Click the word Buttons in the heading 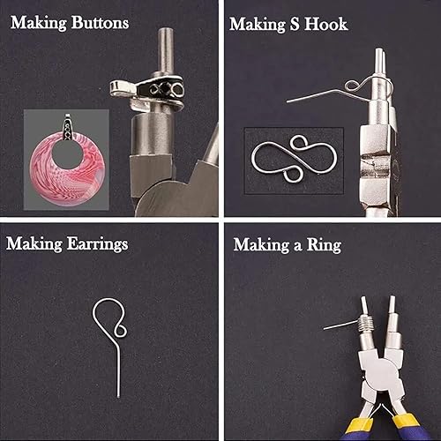pyautogui.click(x=100, y=23)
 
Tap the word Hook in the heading pyautogui.click(x=325, y=24)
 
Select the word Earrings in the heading pyautogui.click(x=97, y=244)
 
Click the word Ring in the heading pyautogui.click(x=324, y=245)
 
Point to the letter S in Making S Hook pyautogui.click(x=295, y=24)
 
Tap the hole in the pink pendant pyautogui.click(x=67, y=155)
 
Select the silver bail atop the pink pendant pyautogui.click(x=68, y=127)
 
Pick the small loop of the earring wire pyautogui.click(x=120, y=330)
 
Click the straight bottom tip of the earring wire pyautogui.click(x=118, y=397)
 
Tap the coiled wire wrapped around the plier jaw pyautogui.click(x=365, y=325)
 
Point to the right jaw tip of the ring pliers pyautogui.click(x=392, y=297)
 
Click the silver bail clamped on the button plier pyautogui.click(x=147, y=92)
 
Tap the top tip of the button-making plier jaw pyautogui.click(x=165, y=30)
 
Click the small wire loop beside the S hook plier pyautogui.click(x=352, y=86)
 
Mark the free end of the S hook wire pyautogui.click(x=288, y=101)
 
